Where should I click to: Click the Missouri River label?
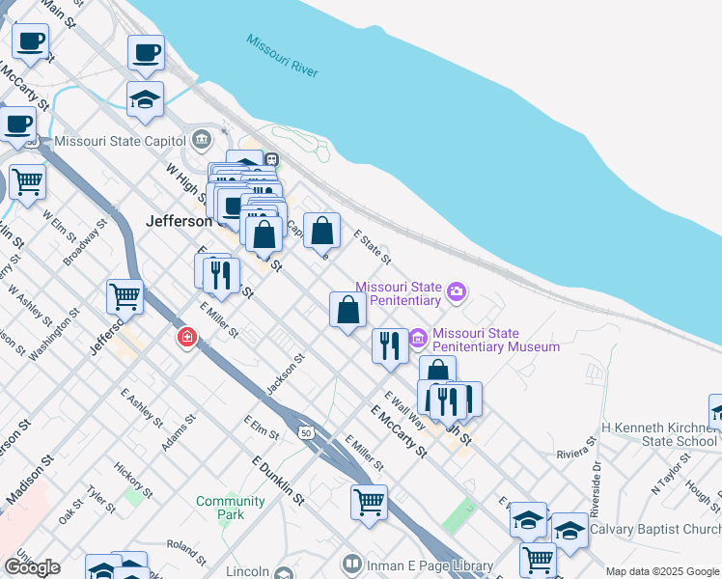pos(282,57)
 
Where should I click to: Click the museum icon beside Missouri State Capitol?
pos(201,141)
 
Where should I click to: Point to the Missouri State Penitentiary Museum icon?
pos(418,339)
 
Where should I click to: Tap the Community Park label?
pos(230,508)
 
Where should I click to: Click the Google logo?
pos(32,567)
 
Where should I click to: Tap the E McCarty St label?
pos(398,430)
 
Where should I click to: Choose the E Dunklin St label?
pos(278,481)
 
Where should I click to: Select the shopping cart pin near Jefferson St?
pos(125,296)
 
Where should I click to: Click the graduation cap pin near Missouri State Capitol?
pos(145,98)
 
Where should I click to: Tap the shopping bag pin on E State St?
pos(322,231)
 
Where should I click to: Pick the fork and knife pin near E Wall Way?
pos(389,345)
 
